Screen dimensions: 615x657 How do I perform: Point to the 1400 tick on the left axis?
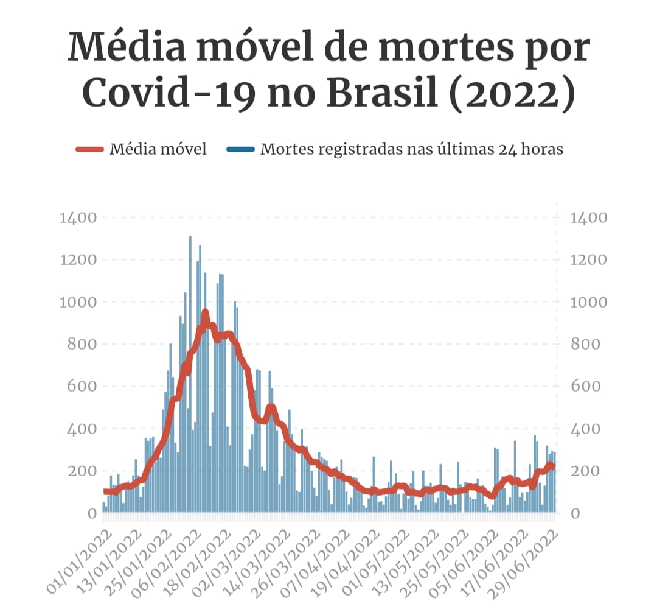click(78, 218)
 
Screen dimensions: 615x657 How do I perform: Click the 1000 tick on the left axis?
click(78, 303)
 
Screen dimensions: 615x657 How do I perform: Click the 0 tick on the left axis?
click(92, 514)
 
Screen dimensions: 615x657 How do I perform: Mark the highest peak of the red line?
click(205, 313)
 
